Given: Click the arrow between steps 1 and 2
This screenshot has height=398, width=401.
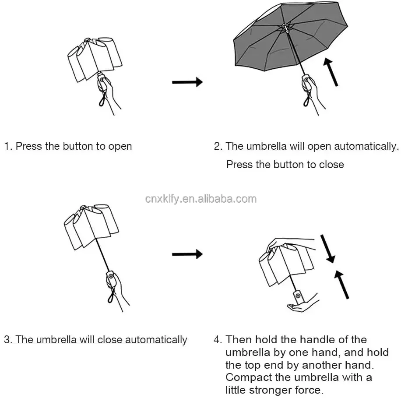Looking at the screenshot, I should click(x=187, y=82).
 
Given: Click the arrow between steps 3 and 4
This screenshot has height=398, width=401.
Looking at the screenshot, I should click(x=187, y=254).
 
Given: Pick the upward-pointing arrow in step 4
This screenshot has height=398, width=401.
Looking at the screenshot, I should click(x=341, y=285).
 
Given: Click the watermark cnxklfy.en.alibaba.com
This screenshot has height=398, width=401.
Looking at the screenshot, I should click(x=201, y=199).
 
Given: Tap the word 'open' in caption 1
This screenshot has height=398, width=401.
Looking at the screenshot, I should click(x=120, y=146).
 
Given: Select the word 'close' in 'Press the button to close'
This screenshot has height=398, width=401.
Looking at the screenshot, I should click(x=331, y=165).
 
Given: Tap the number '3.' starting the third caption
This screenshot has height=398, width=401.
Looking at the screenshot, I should click(x=8, y=340).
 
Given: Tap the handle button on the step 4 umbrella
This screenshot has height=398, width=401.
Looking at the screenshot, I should click(x=298, y=295).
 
